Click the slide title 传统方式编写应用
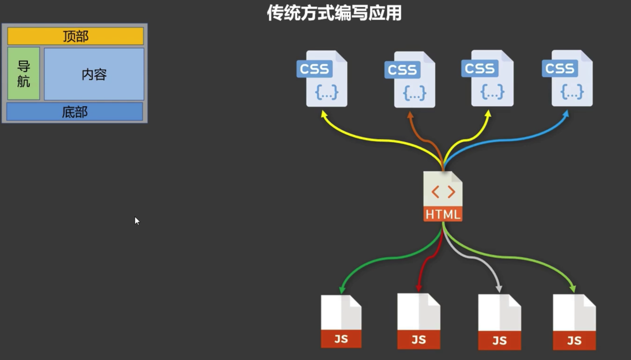click(x=334, y=13)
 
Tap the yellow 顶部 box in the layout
click(x=75, y=36)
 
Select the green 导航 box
click(x=24, y=74)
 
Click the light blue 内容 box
click(x=94, y=74)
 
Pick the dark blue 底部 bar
click(x=75, y=112)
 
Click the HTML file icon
click(x=443, y=196)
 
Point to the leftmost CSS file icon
click(x=322, y=79)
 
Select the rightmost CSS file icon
click(x=568, y=78)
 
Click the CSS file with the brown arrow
click(x=410, y=79)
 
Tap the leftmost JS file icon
click(x=341, y=322)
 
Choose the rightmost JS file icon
click(x=574, y=322)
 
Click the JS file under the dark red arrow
click(x=419, y=322)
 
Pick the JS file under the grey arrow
click(x=499, y=322)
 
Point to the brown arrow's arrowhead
click(x=410, y=115)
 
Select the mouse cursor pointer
click(x=137, y=221)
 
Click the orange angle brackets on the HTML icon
click(x=443, y=192)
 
